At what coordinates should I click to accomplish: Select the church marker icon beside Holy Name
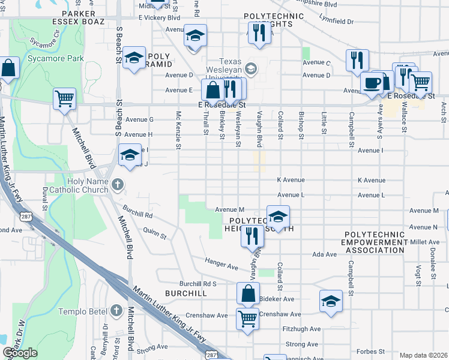118,184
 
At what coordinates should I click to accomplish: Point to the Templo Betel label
82,311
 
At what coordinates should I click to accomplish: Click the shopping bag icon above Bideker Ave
248,294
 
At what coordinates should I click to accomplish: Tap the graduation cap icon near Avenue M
278,216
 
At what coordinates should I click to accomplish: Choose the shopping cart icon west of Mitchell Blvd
64,98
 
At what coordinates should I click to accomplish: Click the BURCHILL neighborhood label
187,293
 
